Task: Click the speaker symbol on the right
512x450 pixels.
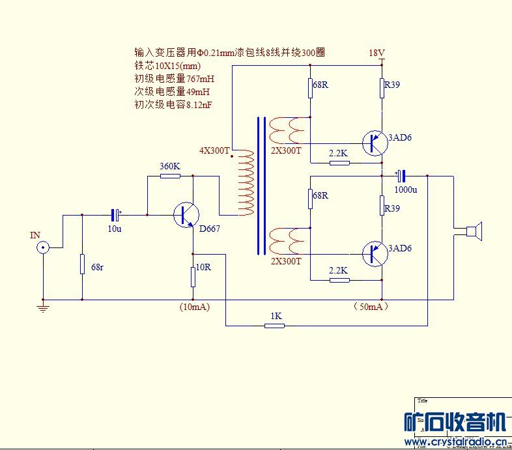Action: coord(473,231)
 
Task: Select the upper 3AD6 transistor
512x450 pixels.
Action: coord(373,142)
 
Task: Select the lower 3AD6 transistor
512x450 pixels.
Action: coord(373,253)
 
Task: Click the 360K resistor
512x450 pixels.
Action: coord(170,175)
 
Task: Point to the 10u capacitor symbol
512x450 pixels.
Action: coord(115,214)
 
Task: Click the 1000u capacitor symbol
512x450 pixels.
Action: coord(401,176)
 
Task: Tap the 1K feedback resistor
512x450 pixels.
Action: coord(275,325)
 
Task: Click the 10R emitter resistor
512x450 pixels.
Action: coord(193,277)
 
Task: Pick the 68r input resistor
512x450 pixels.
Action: coord(83,264)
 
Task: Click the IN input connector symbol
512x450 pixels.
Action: coord(44,247)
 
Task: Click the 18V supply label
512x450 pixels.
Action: coord(377,53)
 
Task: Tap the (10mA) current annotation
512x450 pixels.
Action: coord(194,307)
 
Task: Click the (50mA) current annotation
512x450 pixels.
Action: coord(370,306)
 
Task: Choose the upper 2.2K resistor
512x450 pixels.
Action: coord(339,163)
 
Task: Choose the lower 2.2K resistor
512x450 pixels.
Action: coord(339,280)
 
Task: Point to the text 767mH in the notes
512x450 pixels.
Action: coord(200,78)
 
